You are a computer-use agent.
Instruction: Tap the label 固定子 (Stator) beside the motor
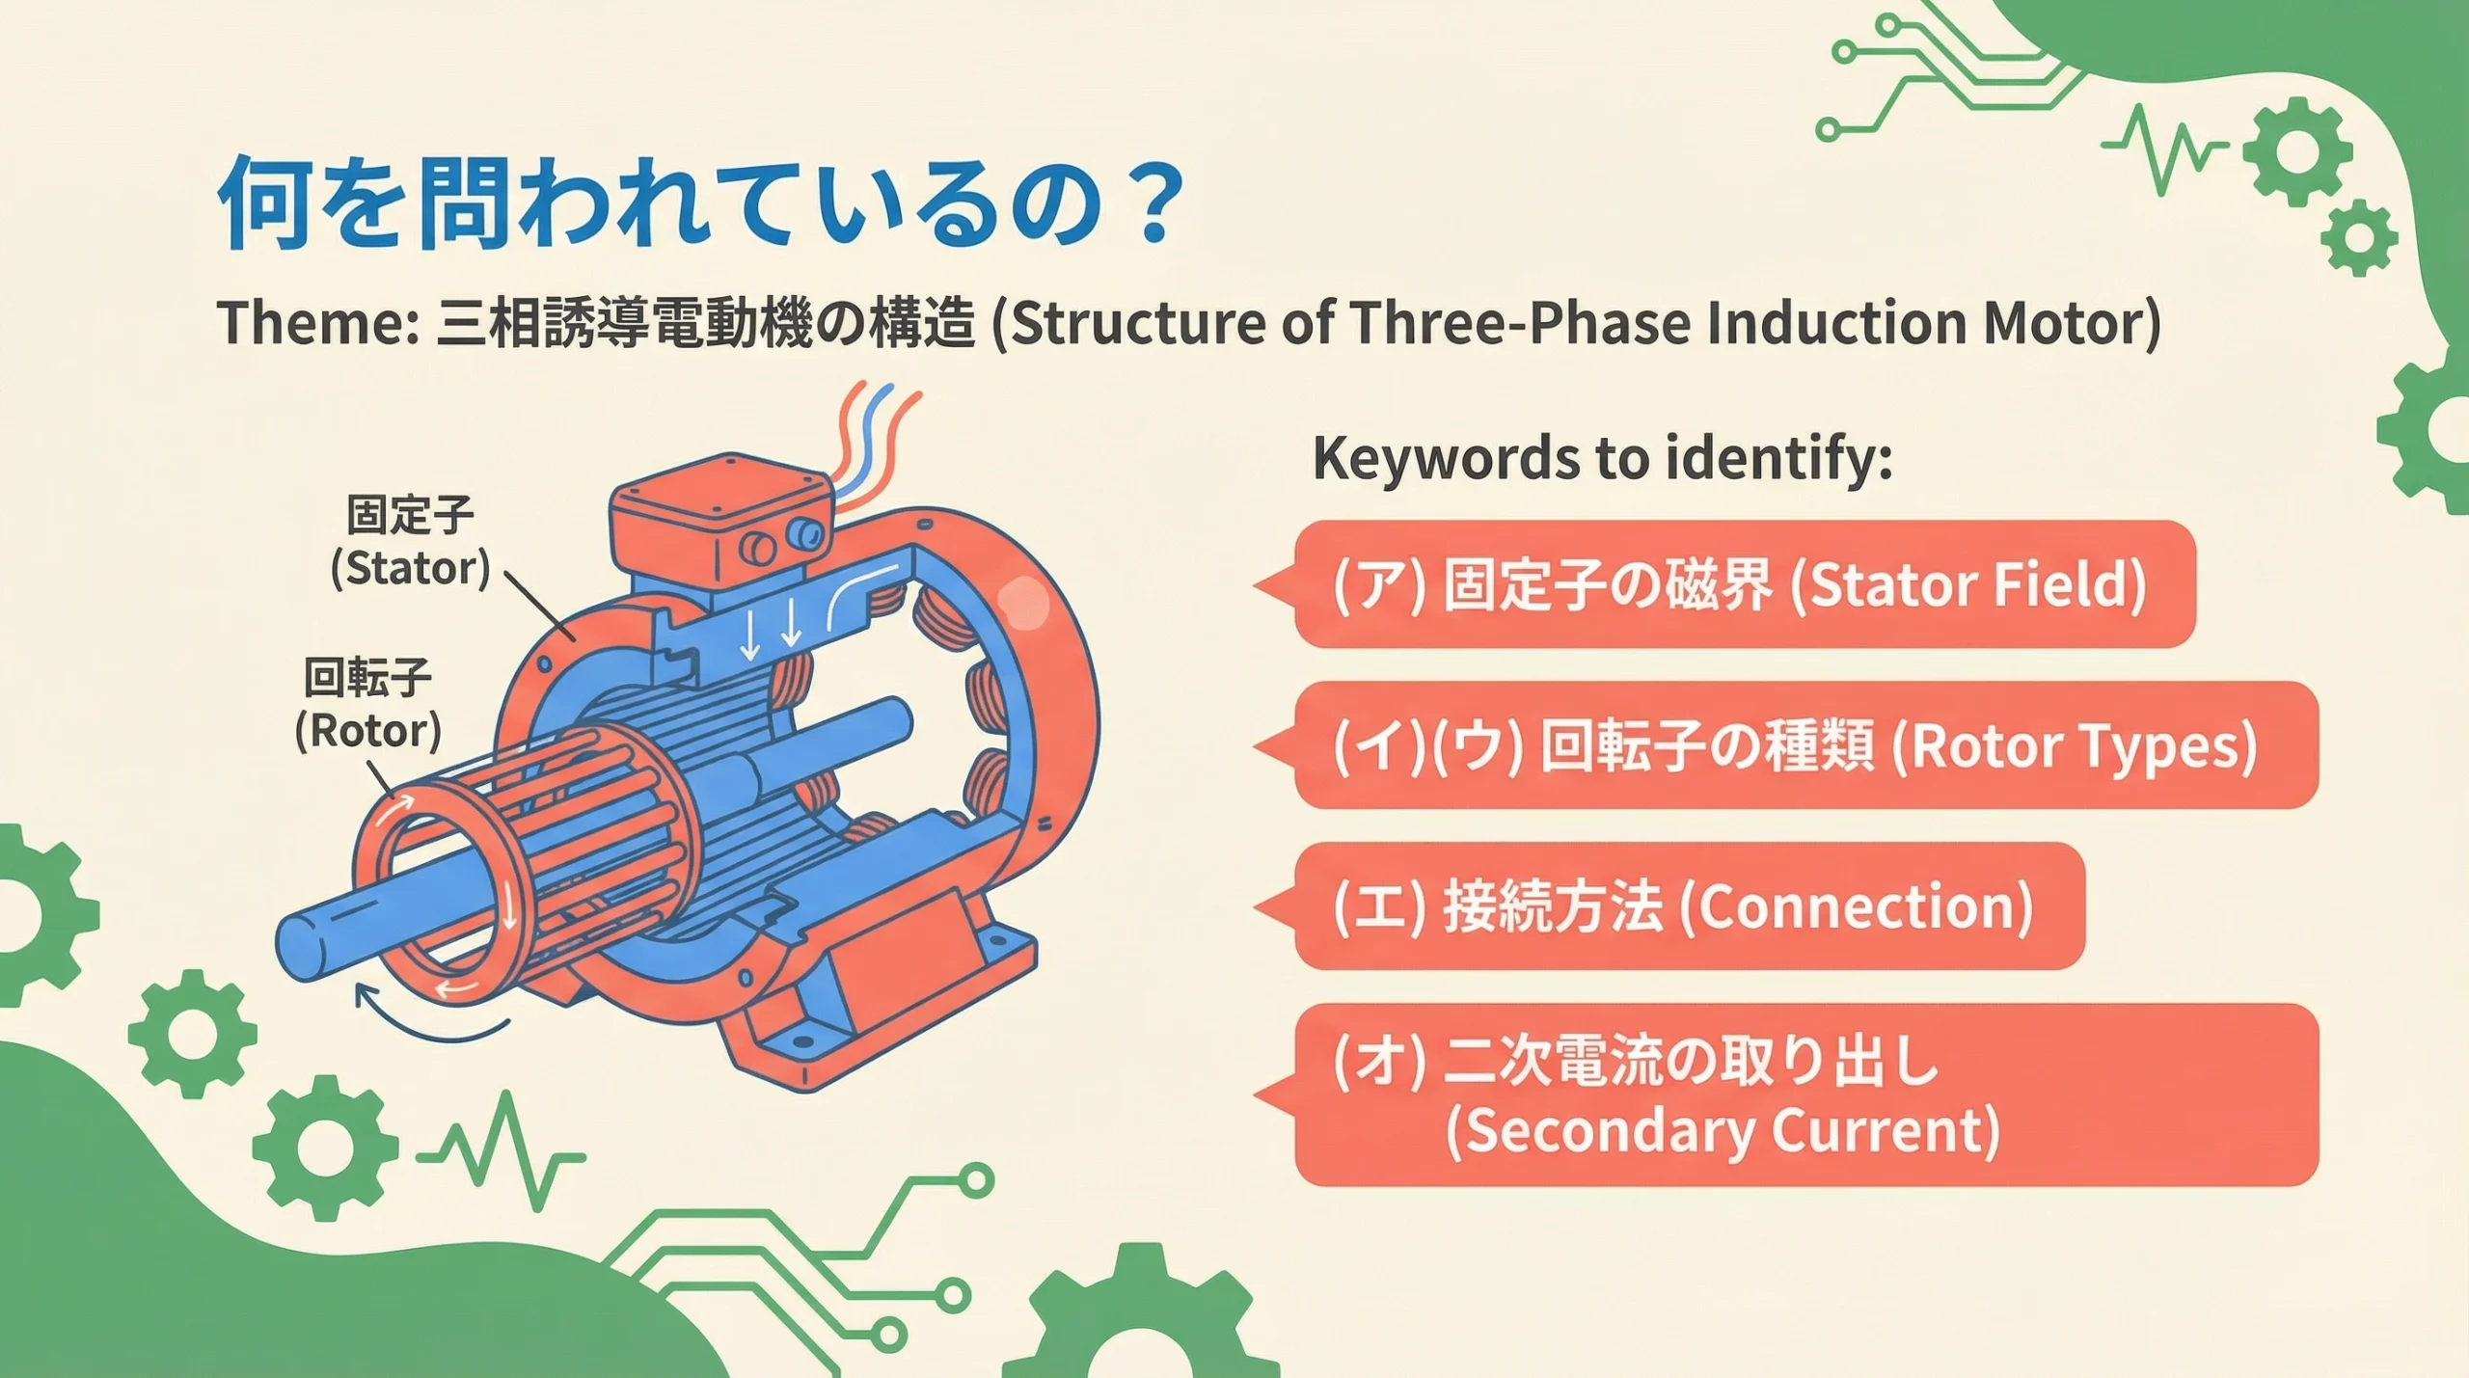pos(410,542)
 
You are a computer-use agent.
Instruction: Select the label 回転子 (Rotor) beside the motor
pos(367,704)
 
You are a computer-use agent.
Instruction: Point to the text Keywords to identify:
pos(1602,458)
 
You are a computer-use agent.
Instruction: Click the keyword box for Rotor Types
pos(1784,745)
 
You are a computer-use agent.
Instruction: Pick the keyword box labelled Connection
pos(1669,906)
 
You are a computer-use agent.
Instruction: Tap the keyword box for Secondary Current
pos(1784,1094)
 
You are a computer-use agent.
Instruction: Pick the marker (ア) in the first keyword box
pos(1378,584)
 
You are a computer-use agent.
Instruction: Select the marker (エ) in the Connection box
pos(1378,907)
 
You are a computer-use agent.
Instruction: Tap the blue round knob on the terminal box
pos(804,532)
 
